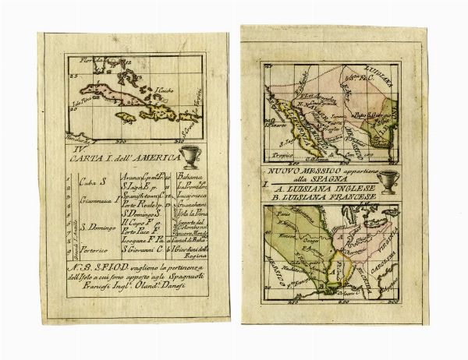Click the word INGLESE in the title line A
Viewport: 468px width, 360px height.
tap(360, 188)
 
